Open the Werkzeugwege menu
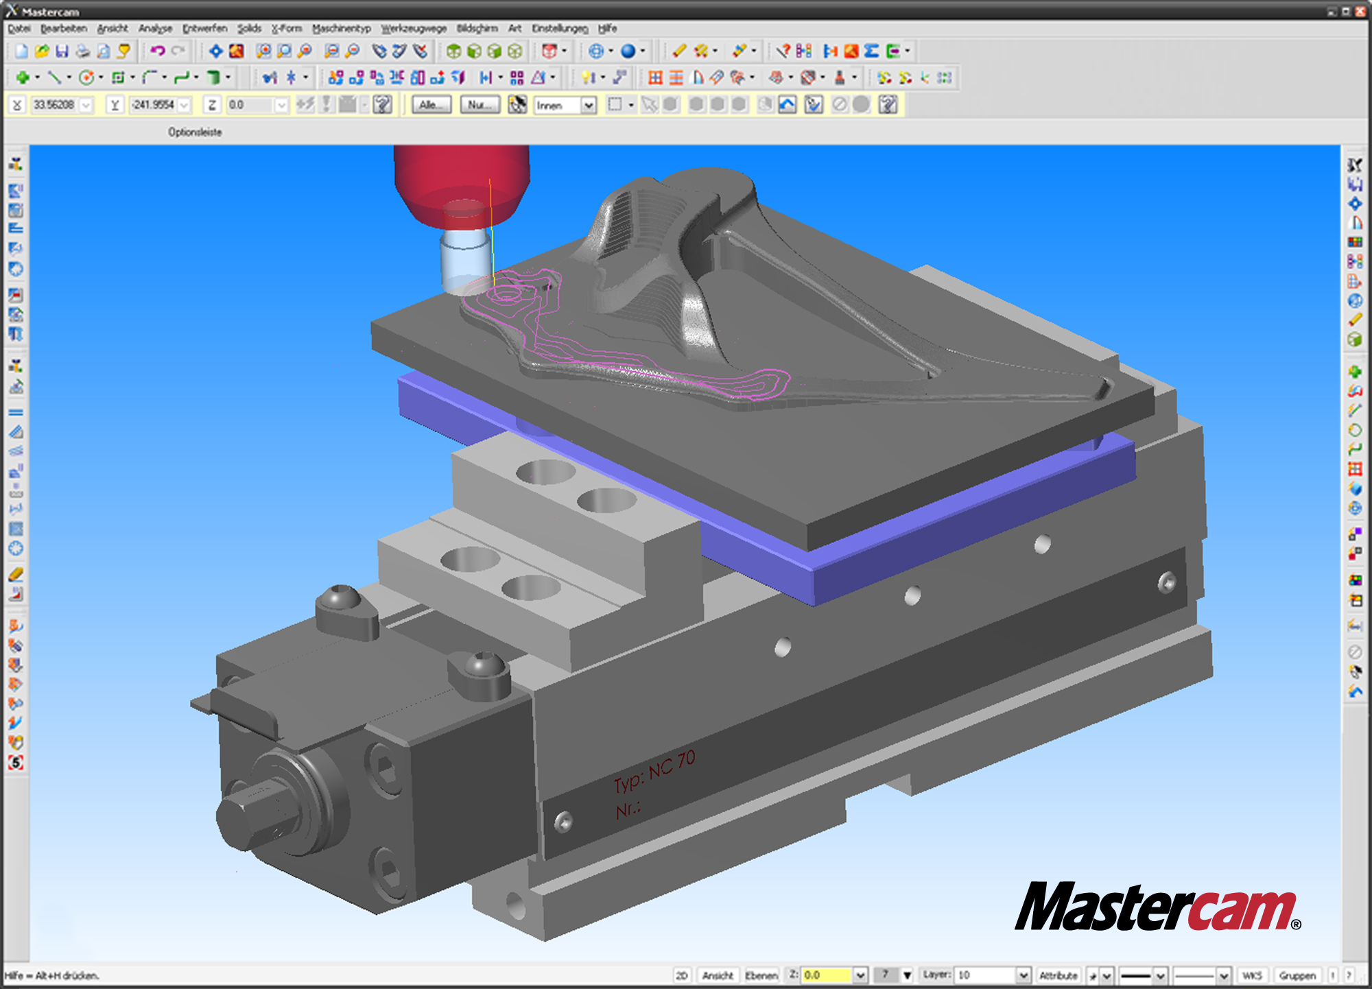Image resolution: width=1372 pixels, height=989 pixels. pyautogui.click(x=414, y=28)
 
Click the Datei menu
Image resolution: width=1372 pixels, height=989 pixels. pyautogui.click(x=19, y=28)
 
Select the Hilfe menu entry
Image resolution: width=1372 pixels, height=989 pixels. pyautogui.click(x=607, y=28)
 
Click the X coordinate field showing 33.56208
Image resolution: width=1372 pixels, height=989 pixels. pyautogui.click(x=55, y=105)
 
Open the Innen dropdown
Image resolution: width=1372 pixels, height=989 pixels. pyautogui.click(x=588, y=106)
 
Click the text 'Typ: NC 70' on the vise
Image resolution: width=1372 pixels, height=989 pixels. pyautogui.click(x=654, y=771)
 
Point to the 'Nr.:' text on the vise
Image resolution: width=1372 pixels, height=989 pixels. pyautogui.click(x=628, y=810)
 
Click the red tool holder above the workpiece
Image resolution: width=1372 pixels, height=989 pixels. pyautogui.click(x=461, y=185)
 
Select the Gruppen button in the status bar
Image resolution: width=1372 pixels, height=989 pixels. pyautogui.click(x=1297, y=975)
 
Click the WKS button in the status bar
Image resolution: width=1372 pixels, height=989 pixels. pyautogui.click(x=1252, y=975)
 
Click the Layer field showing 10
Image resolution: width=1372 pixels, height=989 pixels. pyautogui.click(x=985, y=975)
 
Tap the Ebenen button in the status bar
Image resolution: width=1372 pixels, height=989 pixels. pyautogui.click(x=761, y=975)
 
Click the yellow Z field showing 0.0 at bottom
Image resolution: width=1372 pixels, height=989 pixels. pyautogui.click(x=827, y=975)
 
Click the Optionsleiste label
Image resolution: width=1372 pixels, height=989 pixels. pyautogui.click(x=195, y=132)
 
